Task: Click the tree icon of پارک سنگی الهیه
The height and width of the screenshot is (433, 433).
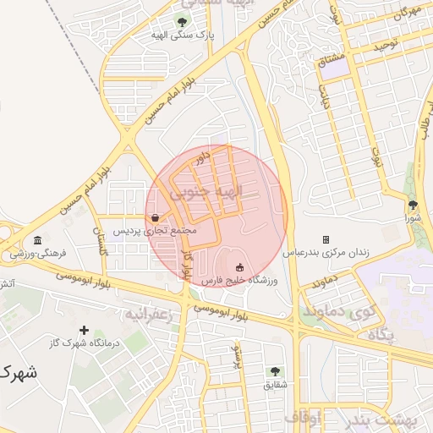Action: pyautogui.click(x=182, y=21)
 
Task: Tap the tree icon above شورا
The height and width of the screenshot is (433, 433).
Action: pyautogui.click(x=413, y=205)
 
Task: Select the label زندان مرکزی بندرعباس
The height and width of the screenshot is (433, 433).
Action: pyautogui.click(x=326, y=253)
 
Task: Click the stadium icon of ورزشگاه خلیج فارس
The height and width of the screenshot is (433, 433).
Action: pyautogui.click(x=238, y=267)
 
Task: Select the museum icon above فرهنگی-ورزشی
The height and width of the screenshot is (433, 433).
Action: pyautogui.click(x=37, y=240)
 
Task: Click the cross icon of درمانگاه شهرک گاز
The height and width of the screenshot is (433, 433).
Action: pyautogui.click(x=83, y=329)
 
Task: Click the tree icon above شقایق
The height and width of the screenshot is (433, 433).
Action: pyautogui.click(x=274, y=370)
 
